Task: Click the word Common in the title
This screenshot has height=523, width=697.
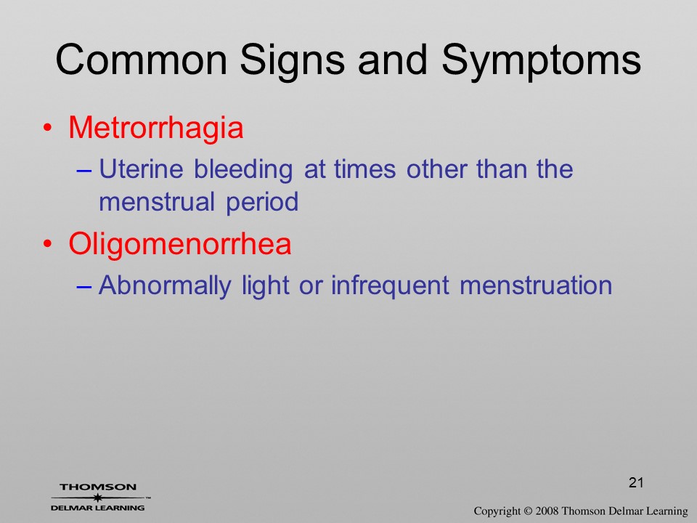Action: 142,60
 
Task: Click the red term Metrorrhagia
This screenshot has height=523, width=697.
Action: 156,128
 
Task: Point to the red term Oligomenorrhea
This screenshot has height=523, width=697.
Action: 180,244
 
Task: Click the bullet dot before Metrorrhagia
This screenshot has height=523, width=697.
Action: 48,128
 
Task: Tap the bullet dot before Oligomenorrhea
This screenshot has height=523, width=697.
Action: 48,244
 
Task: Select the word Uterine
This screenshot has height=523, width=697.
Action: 141,169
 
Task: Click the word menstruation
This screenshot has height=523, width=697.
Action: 536,285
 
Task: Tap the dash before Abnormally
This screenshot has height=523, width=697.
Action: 84,288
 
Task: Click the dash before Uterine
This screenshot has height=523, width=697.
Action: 84,171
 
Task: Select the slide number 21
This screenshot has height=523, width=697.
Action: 636,482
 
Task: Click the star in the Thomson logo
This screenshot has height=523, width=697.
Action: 97,498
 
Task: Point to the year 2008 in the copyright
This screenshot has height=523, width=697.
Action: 547,511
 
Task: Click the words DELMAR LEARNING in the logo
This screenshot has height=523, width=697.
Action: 98,508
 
